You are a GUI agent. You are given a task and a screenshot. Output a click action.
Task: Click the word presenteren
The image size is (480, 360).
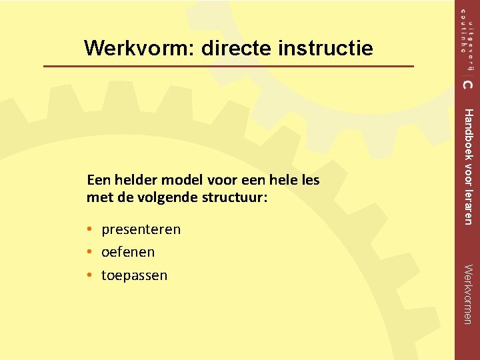(x=141, y=230)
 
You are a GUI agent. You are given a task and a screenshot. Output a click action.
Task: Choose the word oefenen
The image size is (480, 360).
(x=128, y=252)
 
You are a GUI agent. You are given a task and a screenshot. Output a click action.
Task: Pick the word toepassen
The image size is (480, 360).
(x=134, y=275)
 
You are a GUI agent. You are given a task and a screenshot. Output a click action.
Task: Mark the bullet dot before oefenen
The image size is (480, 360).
(x=89, y=253)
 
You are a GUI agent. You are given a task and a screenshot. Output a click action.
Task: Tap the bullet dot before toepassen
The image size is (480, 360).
(x=89, y=275)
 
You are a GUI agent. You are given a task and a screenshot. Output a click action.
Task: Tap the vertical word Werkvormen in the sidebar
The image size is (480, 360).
(x=468, y=294)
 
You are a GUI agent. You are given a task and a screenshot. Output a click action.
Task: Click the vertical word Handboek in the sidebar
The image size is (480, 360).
(x=468, y=133)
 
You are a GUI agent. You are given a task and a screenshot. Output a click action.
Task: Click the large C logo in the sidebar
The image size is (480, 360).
(x=467, y=84)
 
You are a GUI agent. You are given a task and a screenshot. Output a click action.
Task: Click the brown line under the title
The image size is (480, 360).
(x=228, y=67)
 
